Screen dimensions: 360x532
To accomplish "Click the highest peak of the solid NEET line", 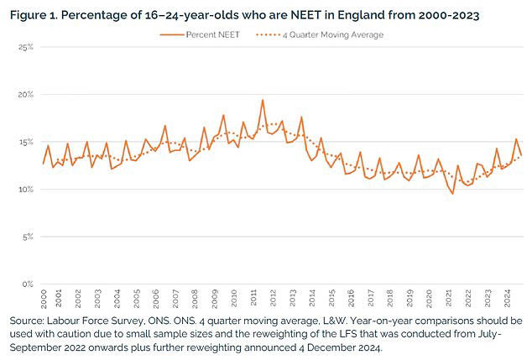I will tap(263, 100).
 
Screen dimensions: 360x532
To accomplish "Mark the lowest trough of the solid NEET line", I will tap(453, 194).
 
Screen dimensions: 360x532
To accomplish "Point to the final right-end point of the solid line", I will tap(521, 154).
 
